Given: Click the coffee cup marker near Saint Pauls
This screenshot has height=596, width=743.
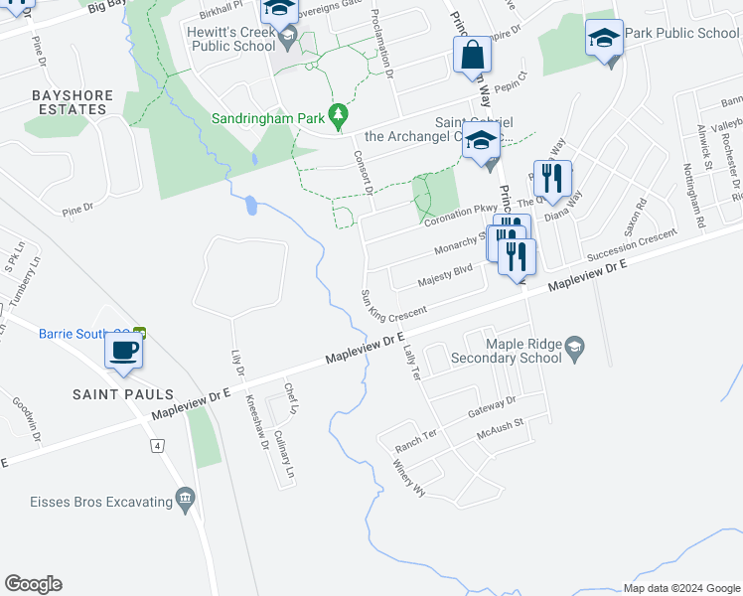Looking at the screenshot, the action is point(123,351).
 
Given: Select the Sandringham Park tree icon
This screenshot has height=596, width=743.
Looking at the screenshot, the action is point(339,117).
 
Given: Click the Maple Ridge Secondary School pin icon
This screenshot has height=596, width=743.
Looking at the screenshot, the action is point(574,347).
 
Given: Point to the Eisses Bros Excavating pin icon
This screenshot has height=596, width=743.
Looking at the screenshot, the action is point(183,498).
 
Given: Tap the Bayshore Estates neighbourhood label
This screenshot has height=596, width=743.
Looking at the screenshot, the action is point(59,103).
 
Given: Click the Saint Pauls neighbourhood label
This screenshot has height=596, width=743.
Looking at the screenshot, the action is point(123,394).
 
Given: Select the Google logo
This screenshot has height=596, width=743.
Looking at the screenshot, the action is point(33,584).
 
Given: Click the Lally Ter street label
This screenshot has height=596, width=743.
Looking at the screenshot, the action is point(411,359).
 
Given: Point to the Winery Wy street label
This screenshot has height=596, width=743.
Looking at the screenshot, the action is point(408,478).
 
